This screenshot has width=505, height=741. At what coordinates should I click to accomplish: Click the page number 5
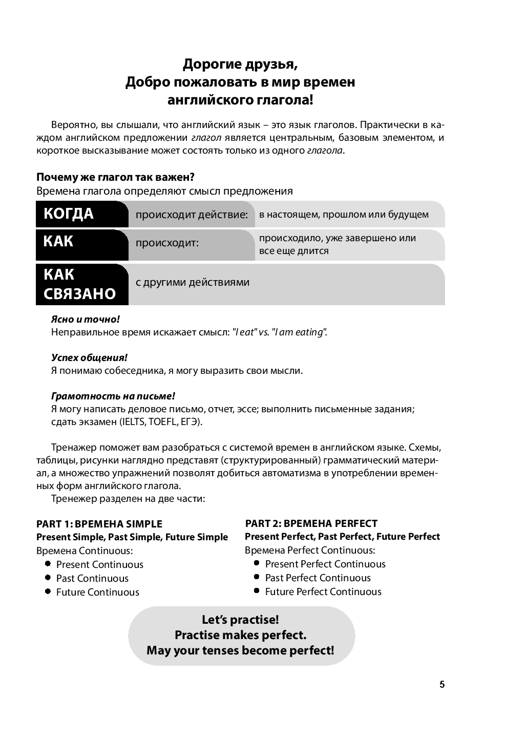pos(442,685)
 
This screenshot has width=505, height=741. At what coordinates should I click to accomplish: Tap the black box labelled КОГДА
pos(82,214)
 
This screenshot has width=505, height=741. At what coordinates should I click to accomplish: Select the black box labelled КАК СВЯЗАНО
pos(82,284)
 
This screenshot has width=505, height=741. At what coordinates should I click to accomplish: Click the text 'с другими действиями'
pos(192,282)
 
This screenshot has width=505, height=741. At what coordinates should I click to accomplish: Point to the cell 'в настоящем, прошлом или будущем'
pos(344,215)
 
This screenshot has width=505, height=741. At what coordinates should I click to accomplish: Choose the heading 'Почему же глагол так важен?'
pos(115,177)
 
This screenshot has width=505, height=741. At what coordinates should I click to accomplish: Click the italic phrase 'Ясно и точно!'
pos(86,319)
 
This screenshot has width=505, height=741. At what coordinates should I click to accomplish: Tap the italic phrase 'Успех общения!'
pos(89,357)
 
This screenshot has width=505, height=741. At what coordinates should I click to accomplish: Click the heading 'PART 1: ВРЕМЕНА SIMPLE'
pos(99,524)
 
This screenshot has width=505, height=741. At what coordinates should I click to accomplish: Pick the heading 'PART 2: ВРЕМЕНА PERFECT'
pos(311,523)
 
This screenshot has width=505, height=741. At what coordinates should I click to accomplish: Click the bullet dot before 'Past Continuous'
pos(48,578)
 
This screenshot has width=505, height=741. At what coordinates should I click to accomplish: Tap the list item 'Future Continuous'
pos(97,592)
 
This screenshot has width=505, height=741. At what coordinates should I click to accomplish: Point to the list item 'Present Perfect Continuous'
pos(325,564)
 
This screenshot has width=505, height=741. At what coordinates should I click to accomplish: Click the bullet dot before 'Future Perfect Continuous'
pos(257,591)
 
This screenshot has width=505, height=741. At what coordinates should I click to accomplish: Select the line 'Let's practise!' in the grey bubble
pos(240,620)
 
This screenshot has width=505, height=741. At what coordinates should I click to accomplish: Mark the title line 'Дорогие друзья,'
pos(240,65)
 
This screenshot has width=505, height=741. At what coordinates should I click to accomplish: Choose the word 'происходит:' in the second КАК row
pos(166,243)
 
